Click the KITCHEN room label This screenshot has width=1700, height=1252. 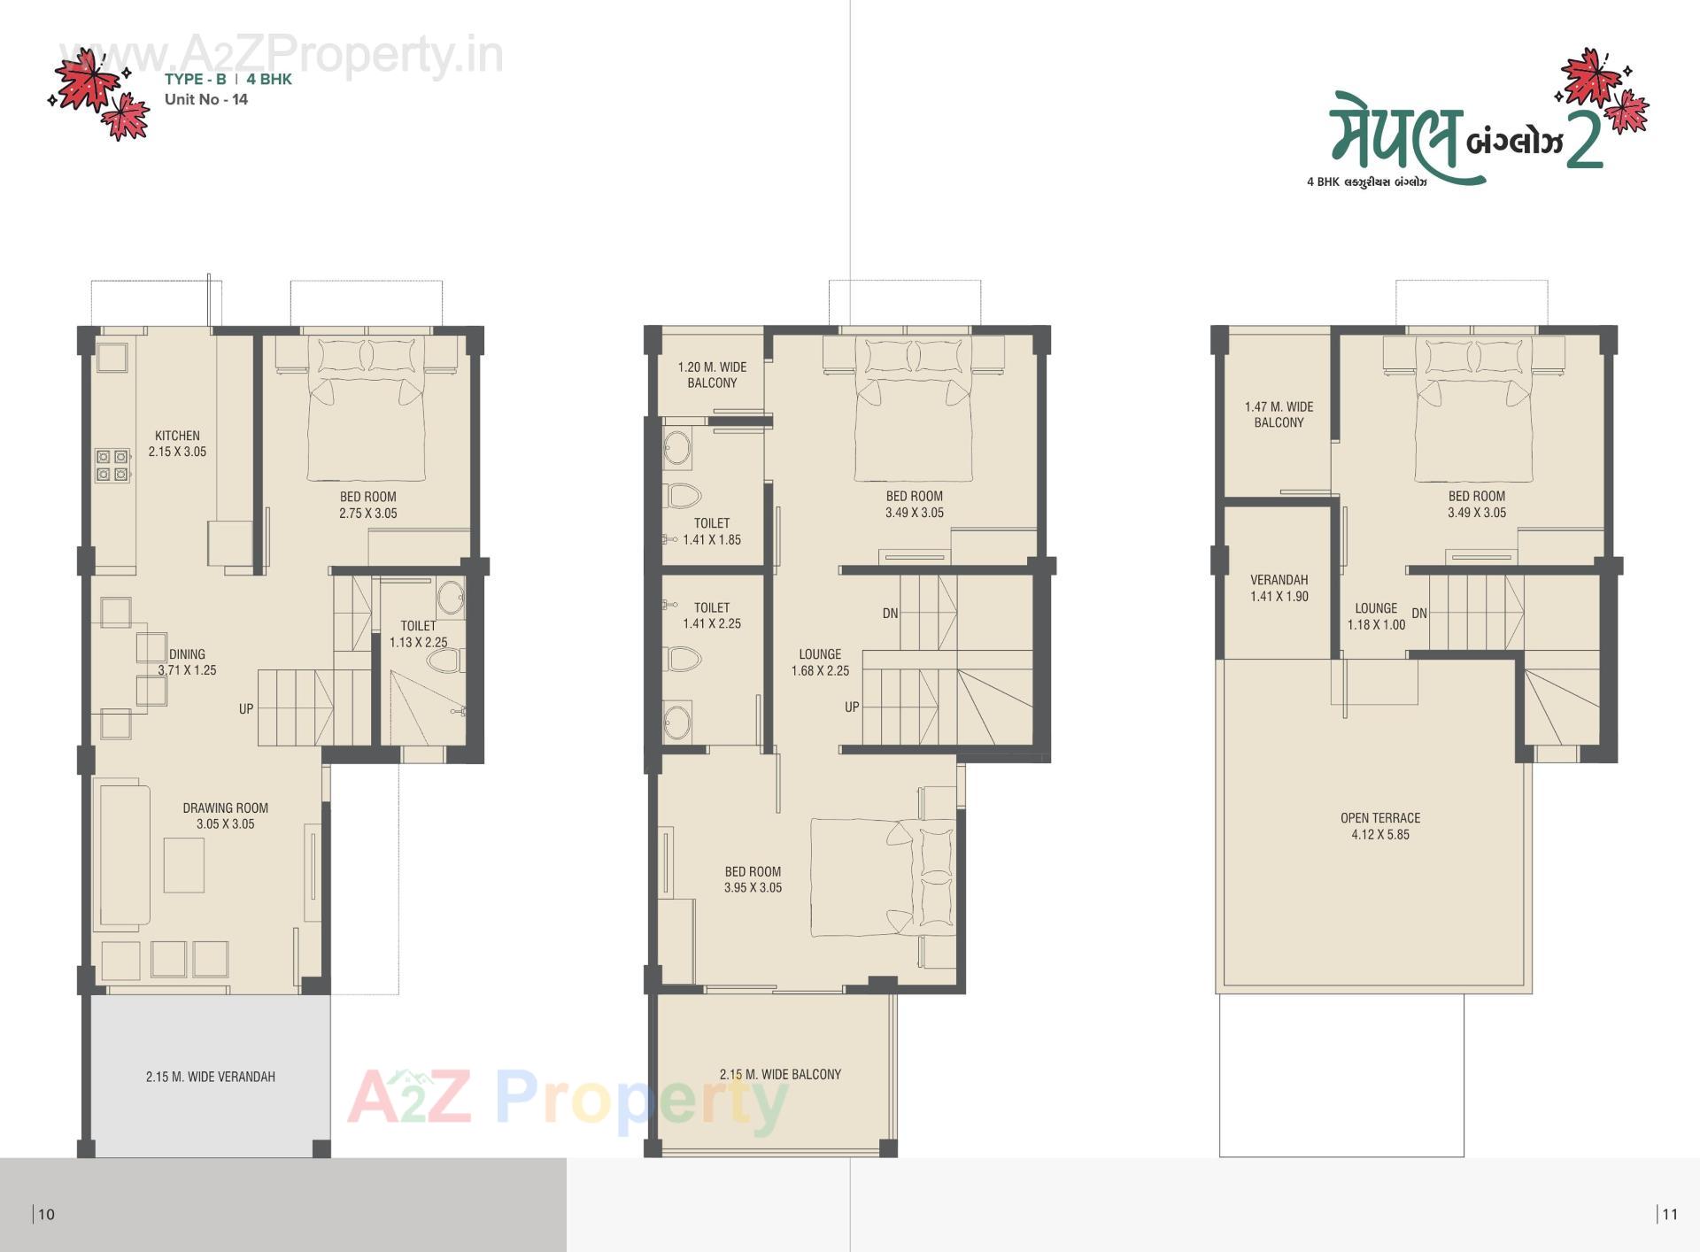click(x=177, y=443)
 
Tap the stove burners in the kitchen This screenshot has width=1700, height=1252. click(x=112, y=466)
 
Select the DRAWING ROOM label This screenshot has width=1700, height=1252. click(x=225, y=815)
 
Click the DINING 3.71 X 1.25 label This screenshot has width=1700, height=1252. click(x=187, y=661)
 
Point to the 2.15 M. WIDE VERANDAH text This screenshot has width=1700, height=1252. click(x=211, y=1077)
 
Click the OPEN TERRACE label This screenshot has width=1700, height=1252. click(x=1379, y=826)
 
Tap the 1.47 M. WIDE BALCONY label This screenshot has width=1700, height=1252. click(x=1279, y=414)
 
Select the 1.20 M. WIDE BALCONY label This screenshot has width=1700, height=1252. click(x=712, y=375)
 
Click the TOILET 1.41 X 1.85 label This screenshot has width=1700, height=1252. click(x=712, y=531)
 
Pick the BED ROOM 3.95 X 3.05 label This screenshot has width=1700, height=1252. click(x=753, y=879)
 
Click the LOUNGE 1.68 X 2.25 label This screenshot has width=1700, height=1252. click(x=820, y=662)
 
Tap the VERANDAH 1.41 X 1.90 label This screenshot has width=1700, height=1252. click(x=1279, y=588)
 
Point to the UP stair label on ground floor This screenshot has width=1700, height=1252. click(x=246, y=708)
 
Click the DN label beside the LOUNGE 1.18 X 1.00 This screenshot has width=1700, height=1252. click(x=1419, y=613)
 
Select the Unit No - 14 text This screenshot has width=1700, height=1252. click(x=206, y=99)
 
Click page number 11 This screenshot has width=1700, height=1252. click(x=1669, y=1214)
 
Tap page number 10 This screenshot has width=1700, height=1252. click(x=47, y=1214)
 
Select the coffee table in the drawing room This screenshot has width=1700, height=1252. click(x=184, y=864)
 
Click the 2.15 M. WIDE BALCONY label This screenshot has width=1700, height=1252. click(x=780, y=1074)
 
